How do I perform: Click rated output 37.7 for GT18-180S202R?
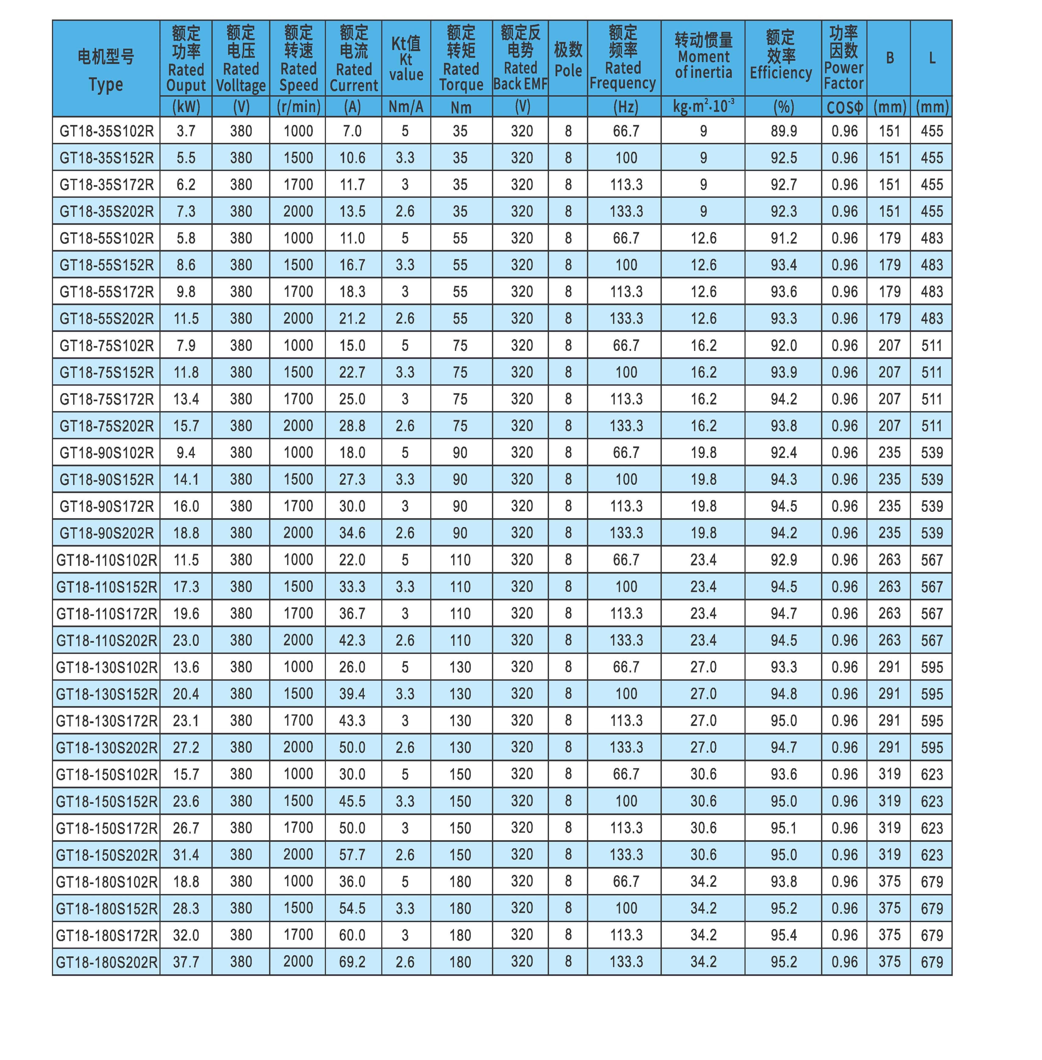click(186, 961)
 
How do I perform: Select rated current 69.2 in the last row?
click(352, 961)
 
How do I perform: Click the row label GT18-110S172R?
click(106, 613)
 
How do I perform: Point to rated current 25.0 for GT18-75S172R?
click(352, 399)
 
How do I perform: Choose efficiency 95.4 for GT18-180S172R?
click(784, 935)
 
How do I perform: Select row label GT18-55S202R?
click(106, 318)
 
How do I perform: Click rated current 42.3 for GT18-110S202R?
click(352, 640)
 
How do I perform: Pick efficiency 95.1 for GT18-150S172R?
click(784, 828)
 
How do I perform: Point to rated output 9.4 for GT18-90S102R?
click(186, 452)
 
